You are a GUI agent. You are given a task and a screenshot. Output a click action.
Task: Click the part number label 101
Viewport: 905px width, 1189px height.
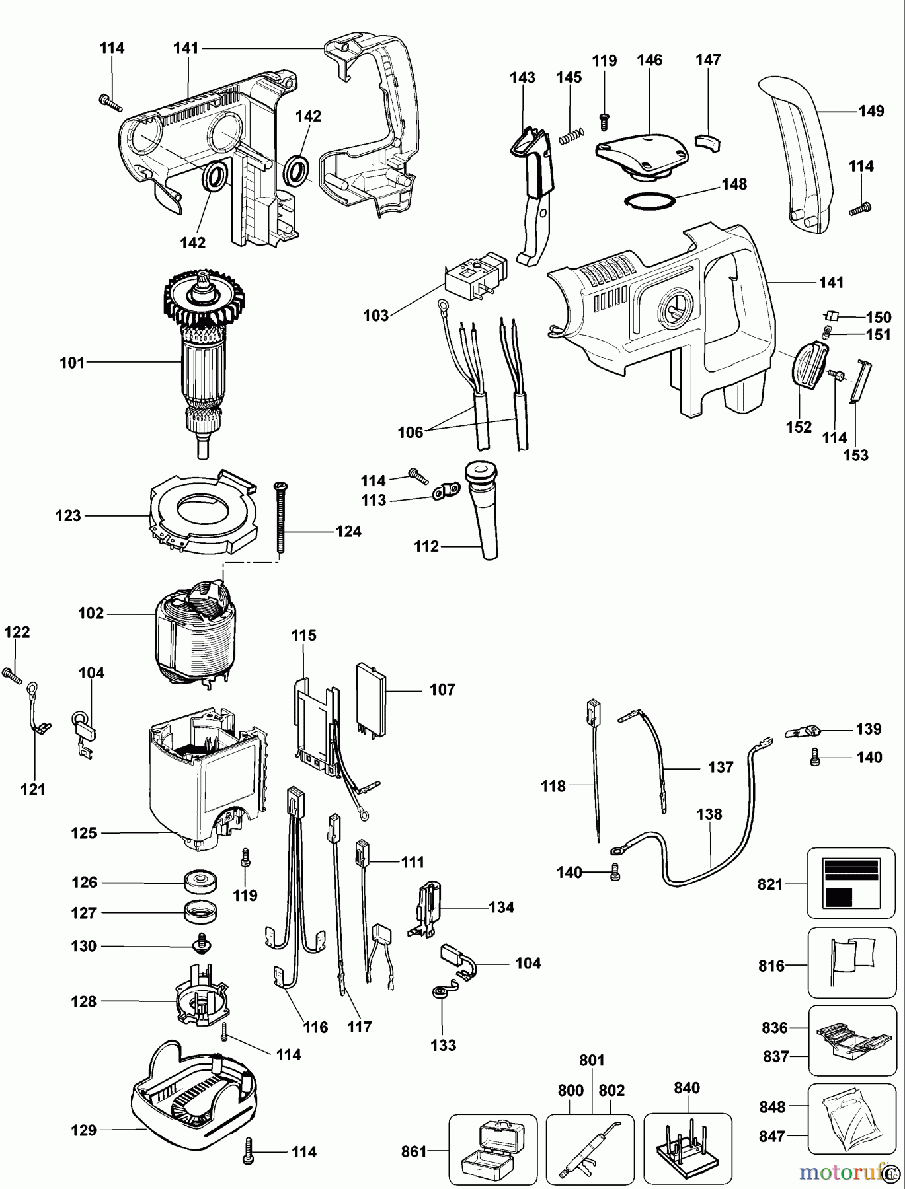pyautogui.click(x=72, y=362)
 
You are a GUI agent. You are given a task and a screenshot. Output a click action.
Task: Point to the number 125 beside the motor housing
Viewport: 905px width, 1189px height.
pyautogui.click(x=84, y=833)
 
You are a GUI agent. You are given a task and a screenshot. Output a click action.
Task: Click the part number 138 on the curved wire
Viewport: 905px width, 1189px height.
pyautogui.click(x=709, y=814)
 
